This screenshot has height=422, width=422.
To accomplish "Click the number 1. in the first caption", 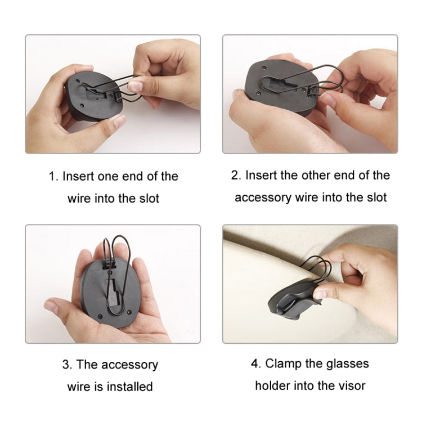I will point(53,176).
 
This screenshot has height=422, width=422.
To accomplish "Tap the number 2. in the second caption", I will point(236,175).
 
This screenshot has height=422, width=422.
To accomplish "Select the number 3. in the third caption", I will point(67,365).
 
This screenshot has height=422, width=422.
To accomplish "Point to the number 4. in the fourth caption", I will point(256,363).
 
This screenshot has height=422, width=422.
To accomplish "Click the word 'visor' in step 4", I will point(352,385).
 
